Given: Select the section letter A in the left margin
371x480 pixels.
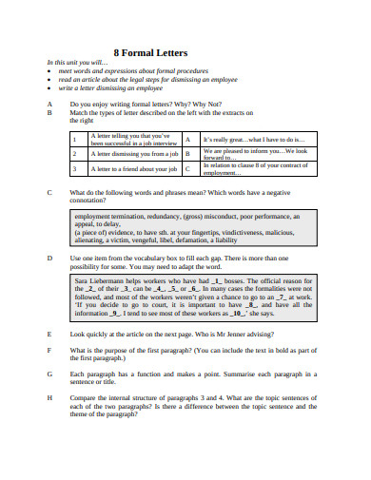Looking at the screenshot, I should tap(49, 103).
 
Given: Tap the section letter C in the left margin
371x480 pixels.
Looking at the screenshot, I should tap(49, 191).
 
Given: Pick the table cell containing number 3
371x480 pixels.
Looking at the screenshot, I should tap(77, 169).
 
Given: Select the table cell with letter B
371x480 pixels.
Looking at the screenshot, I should tap(189, 153).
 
